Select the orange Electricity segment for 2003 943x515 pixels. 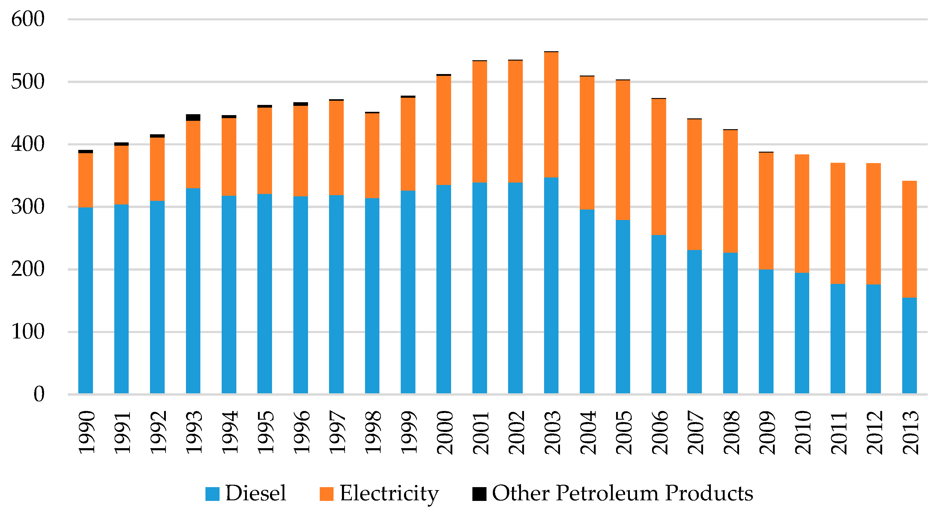(551, 115)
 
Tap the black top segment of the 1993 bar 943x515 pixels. (193, 118)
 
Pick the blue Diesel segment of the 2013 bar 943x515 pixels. (909, 345)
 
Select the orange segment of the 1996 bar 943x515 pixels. (301, 151)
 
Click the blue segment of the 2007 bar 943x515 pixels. (694, 322)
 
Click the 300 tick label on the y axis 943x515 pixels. (28, 207)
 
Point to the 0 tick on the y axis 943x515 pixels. (39, 394)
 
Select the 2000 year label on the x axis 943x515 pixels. (445, 432)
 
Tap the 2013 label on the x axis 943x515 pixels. (910, 432)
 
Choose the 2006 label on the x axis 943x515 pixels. (660, 432)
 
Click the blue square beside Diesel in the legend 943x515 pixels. (212, 494)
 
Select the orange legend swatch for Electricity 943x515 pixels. (327, 494)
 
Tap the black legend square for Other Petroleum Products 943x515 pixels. (479, 494)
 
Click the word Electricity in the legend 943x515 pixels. (389, 494)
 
